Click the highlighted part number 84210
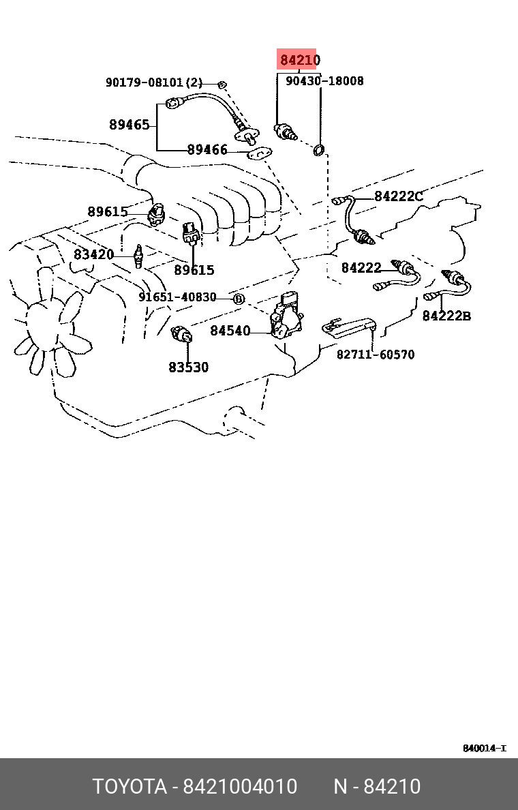(x=299, y=61)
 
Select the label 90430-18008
(x=324, y=81)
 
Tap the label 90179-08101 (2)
(x=154, y=82)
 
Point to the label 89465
(x=129, y=125)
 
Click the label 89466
(x=207, y=150)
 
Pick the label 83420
(x=93, y=255)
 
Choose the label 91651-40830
(x=177, y=297)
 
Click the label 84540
(x=230, y=331)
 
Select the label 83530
(x=189, y=367)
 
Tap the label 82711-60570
(x=376, y=355)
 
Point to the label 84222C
(x=399, y=197)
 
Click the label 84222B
(x=446, y=316)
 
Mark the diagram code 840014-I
(x=484, y=748)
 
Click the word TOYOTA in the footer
(x=129, y=787)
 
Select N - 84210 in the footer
(x=377, y=787)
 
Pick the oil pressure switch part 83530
(x=183, y=334)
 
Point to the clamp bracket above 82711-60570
(x=348, y=326)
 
